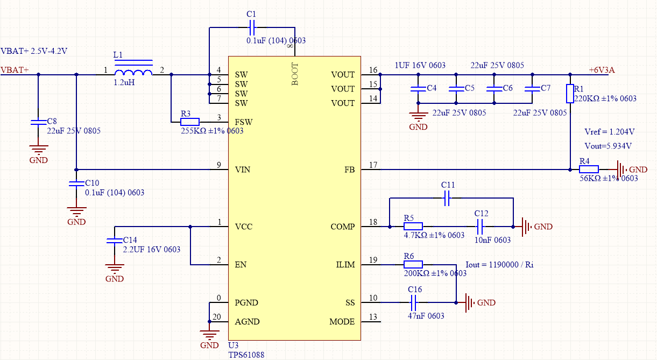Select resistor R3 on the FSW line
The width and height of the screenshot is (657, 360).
pyautogui.click(x=190, y=122)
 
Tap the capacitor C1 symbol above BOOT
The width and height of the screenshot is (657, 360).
pyautogui.click(x=252, y=26)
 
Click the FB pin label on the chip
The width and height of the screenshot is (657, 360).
pyautogui.click(x=349, y=170)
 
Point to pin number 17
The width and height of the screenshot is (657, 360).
pyautogui.click(x=373, y=165)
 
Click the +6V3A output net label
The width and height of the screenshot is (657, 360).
pyautogui.click(x=601, y=70)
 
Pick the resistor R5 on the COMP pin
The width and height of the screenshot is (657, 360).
pyautogui.click(x=413, y=227)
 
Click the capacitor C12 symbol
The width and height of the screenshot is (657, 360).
pyautogui.click(x=481, y=227)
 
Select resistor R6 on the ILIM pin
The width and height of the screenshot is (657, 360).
pyautogui.click(x=413, y=265)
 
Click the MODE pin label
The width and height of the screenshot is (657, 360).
pyautogui.click(x=342, y=322)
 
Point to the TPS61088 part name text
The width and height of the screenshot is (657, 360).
pyautogui.click(x=246, y=355)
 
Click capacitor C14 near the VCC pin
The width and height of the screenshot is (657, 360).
pyautogui.click(x=115, y=240)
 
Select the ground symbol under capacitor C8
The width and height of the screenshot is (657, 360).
pyautogui.click(x=38, y=151)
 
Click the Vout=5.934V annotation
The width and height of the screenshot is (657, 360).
pyautogui.click(x=608, y=146)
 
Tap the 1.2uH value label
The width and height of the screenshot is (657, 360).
pyautogui.click(x=124, y=83)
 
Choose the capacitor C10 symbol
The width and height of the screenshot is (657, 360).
pyautogui.click(x=76, y=183)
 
